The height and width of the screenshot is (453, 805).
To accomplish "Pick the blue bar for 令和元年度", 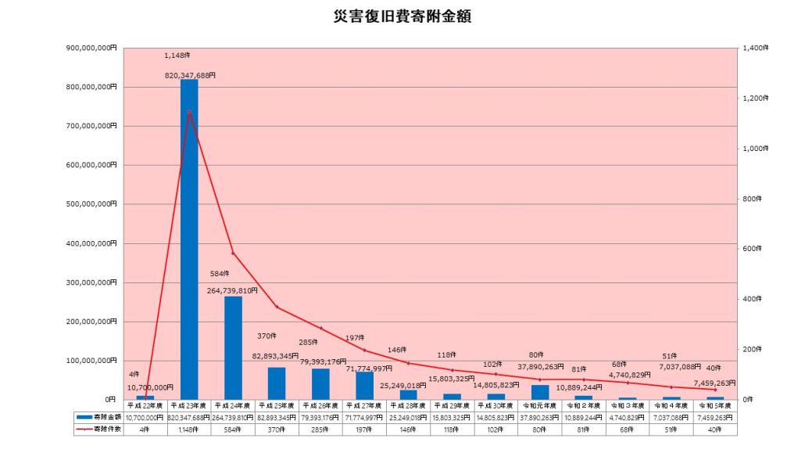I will click(x=540, y=391).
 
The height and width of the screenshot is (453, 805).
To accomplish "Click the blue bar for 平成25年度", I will click(x=277, y=383).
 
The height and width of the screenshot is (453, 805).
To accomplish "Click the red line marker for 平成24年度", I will click(x=233, y=253).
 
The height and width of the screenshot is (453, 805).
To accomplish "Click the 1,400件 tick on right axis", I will click(x=755, y=48).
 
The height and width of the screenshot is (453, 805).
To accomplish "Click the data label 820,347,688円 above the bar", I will click(x=191, y=75).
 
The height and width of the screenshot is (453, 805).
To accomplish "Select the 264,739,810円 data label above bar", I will click(x=233, y=289).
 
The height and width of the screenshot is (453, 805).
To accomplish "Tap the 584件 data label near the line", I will click(x=221, y=274).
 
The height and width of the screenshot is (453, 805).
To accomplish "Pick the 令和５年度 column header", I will click(x=714, y=407).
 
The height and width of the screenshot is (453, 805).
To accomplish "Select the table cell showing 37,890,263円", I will click(x=539, y=418).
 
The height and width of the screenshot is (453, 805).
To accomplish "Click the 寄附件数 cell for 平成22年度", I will click(x=145, y=430).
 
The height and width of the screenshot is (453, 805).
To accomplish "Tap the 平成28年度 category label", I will click(x=408, y=407).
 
